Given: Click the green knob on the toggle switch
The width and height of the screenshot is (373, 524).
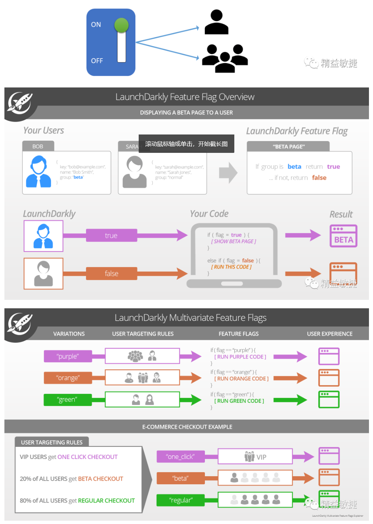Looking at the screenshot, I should tap(121, 25).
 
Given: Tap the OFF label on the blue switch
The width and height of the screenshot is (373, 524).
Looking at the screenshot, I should tap(97, 61).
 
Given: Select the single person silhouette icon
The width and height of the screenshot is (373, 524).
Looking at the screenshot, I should tap(216, 22).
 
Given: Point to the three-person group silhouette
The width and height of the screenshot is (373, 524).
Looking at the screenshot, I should tap(225, 58).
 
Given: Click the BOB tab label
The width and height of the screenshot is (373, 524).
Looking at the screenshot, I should tap(38, 146).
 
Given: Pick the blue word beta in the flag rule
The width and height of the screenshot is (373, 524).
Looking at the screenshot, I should tap(294, 166).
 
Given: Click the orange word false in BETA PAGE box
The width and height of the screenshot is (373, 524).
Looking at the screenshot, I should tap(319, 177).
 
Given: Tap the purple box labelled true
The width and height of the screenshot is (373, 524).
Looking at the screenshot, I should tap(111, 236).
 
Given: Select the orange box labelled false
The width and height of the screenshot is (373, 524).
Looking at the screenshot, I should tap(111, 273).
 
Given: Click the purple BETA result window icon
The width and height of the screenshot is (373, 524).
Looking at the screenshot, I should tap(343, 236).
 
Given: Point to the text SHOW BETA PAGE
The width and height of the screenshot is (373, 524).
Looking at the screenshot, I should tap(234, 241).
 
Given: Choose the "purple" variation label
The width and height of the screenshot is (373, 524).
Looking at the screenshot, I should tap(68, 356).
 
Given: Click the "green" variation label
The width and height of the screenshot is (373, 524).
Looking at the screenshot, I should tap(67, 399).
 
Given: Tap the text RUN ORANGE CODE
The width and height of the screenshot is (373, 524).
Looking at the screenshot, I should tap(242, 378).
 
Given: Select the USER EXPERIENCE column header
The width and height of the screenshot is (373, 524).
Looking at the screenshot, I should tap(330, 334).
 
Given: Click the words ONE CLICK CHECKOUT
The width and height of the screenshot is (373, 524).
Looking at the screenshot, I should tap(88, 457).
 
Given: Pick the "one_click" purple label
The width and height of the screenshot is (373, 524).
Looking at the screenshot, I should tap(180, 456).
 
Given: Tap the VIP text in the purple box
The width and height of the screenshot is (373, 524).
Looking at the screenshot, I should tap(262, 457).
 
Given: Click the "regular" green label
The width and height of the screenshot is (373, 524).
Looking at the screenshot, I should tap(180, 500).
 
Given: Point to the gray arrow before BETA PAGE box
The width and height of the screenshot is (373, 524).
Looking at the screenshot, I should tap(228, 172).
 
